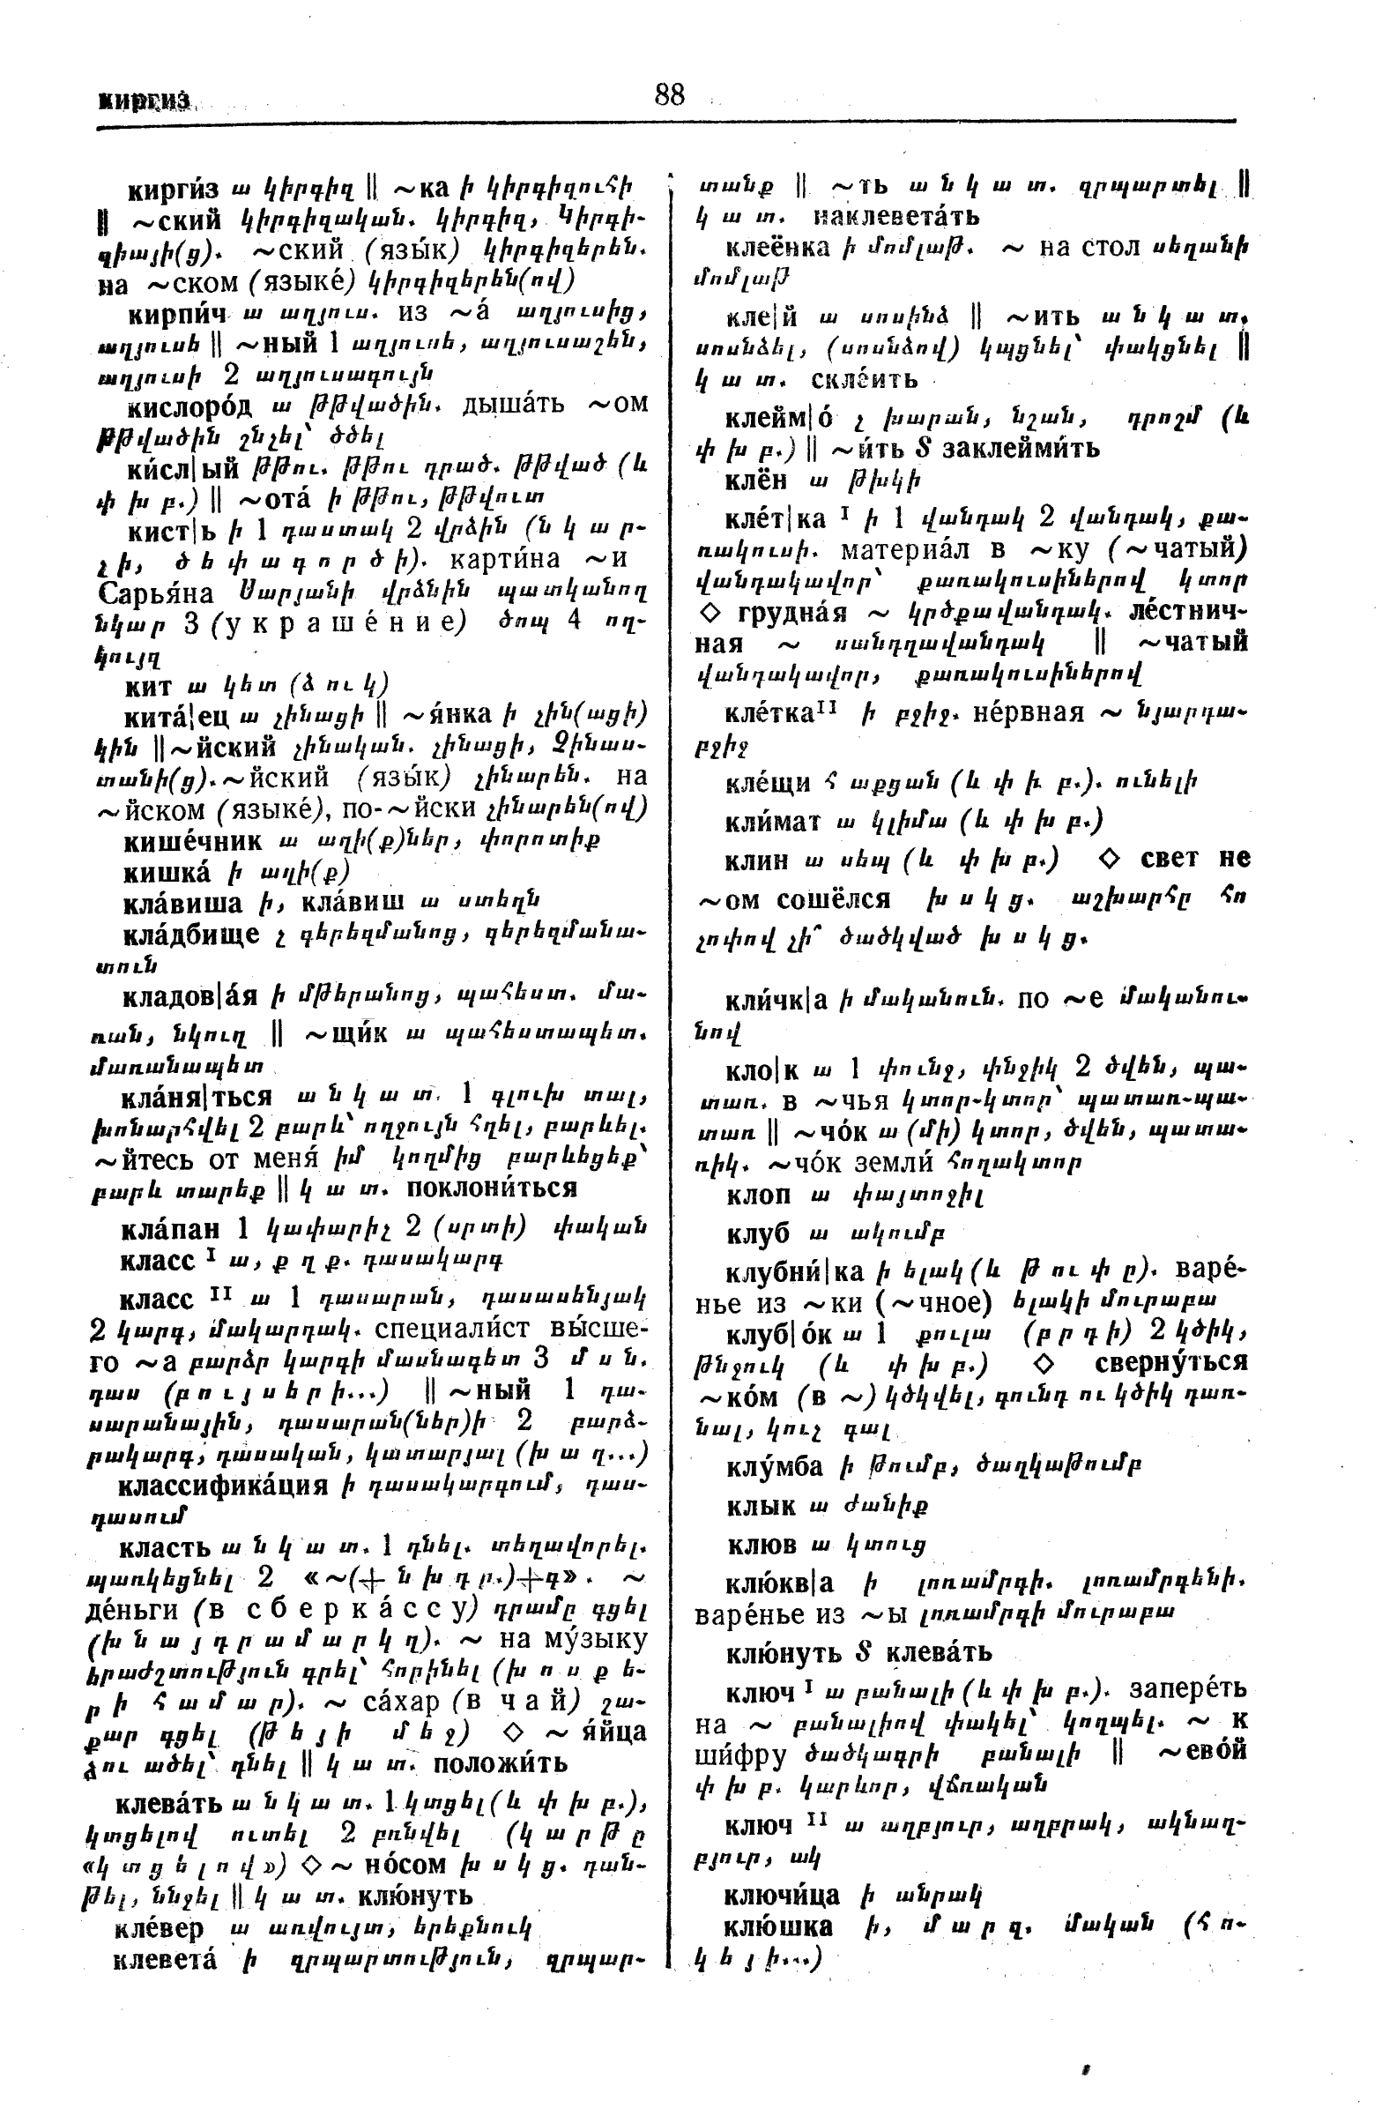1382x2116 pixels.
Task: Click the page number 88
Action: tap(669, 94)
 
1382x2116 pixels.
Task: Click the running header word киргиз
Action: tap(144, 101)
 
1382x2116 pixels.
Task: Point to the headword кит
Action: tap(148, 685)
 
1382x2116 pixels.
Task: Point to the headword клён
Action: tap(756, 481)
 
